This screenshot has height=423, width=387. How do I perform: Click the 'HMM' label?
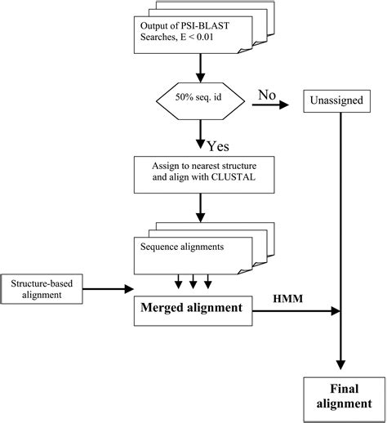pyautogui.click(x=287, y=300)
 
